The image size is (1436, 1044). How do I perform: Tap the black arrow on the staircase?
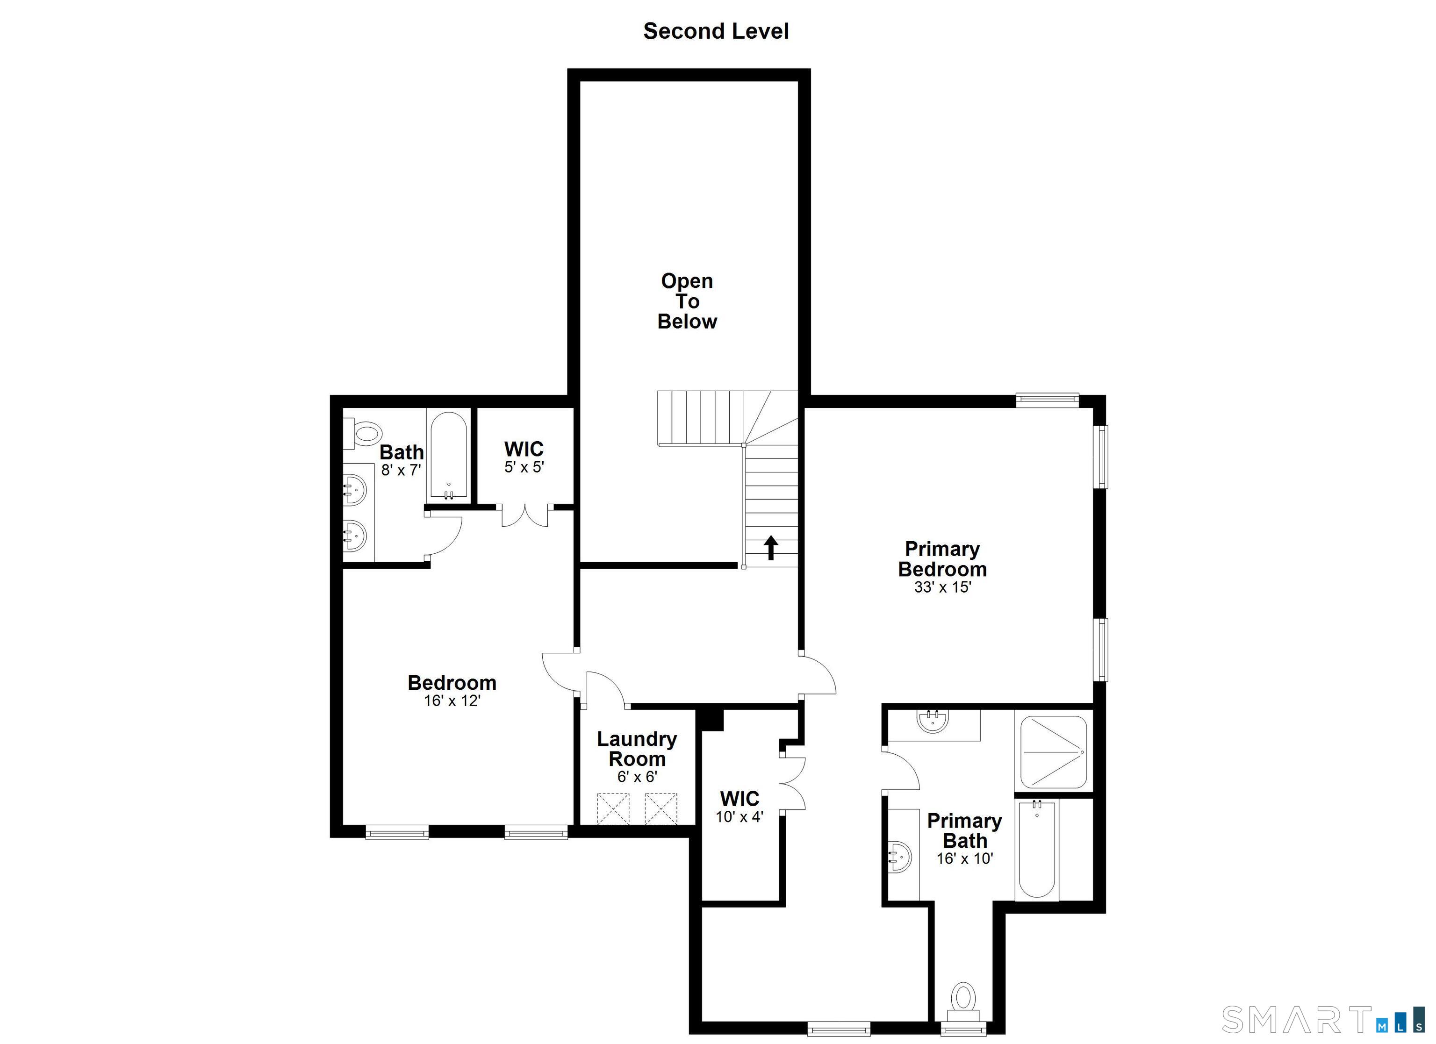point(770,548)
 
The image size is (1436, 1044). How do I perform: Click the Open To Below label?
point(687,301)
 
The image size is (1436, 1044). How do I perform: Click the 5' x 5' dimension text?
point(524,467)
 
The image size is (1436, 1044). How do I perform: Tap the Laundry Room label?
point(637,749)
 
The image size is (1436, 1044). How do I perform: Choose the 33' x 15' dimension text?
point(942,587)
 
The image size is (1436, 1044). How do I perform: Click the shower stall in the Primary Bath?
point(1054,751)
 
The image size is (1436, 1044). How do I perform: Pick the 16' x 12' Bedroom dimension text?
point(452,701)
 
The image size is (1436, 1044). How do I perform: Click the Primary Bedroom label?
point(942,559)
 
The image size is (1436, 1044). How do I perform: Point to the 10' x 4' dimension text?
point(740,817)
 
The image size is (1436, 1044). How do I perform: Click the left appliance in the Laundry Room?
point(613,808)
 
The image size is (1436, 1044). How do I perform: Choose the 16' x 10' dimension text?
point(965,858)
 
